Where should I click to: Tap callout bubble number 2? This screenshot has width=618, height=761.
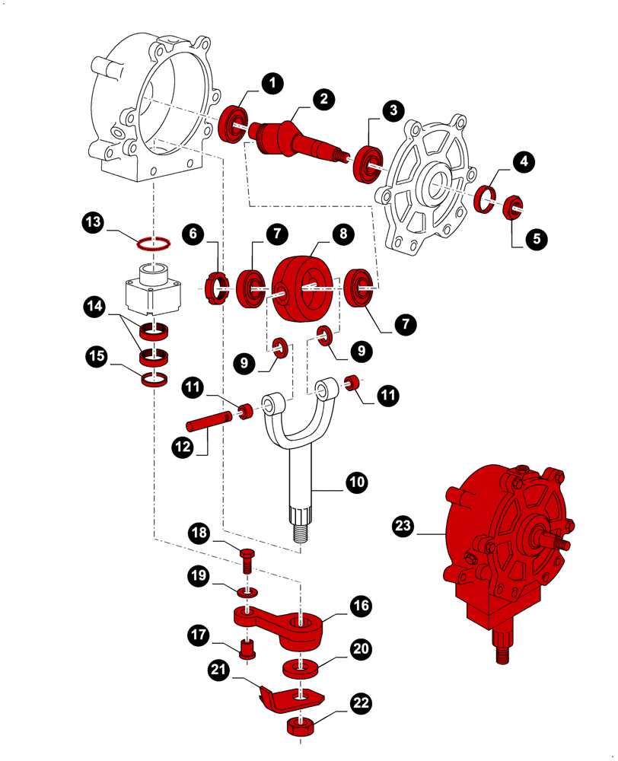point(324,98)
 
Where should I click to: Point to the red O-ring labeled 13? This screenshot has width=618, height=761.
point(153,244)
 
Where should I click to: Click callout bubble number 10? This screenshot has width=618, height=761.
point(356,482)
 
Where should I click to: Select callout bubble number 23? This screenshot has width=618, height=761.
point(404,525)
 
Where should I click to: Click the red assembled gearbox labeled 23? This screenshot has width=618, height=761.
point(502,548)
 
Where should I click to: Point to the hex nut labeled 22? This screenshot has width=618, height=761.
point(296,726)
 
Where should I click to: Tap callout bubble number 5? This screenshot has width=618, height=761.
point(536,238)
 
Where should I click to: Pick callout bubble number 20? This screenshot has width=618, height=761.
point(360,648)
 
